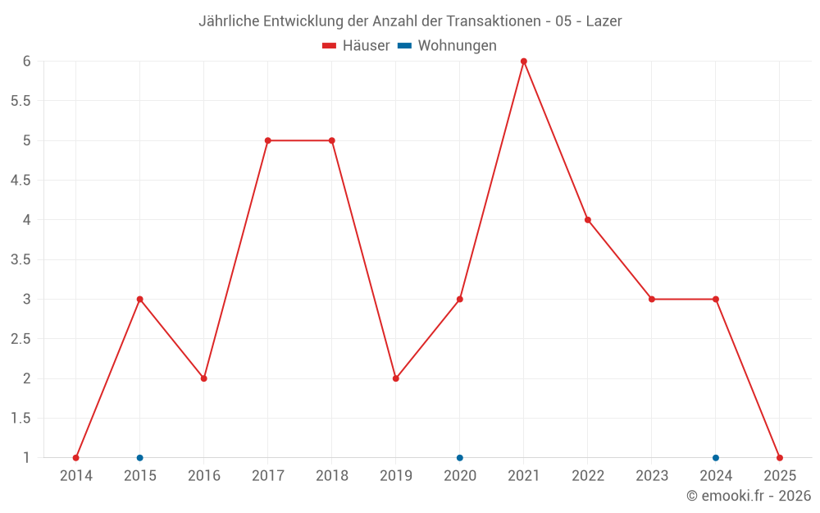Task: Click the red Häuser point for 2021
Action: (523, 62)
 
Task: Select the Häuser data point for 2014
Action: (75, 458)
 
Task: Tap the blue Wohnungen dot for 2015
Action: (139, 458)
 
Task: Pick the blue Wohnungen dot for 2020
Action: (459, 458)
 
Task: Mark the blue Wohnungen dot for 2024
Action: (716, 458)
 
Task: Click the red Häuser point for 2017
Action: (267, 140)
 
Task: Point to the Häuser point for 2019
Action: (395, 378)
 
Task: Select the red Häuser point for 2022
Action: (588, 220)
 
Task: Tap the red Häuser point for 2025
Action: (780, 458)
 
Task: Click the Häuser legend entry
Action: (356, 46)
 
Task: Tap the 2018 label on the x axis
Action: (331, 476)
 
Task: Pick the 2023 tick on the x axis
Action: (652, 476)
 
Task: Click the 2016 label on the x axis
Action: (203, 476)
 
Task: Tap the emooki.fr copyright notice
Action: (748, 496)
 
